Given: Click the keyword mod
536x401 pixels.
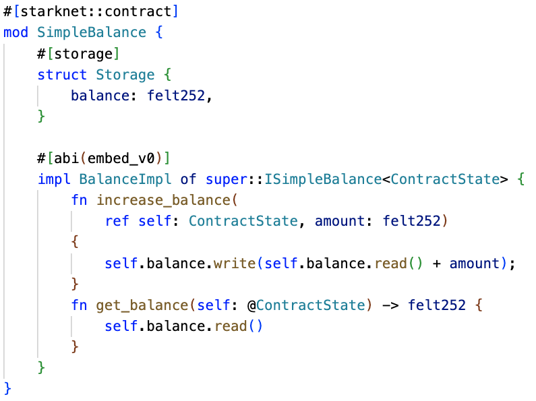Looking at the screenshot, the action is coord(16,32).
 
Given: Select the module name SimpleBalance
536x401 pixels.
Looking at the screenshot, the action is coord(92,33).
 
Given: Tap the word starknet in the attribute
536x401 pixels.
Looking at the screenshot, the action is coord(54,11).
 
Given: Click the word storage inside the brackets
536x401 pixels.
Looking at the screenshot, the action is coord(84,55).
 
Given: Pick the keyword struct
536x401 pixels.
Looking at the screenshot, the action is coord(62,75).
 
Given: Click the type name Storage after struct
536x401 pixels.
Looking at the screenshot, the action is coord(125,75).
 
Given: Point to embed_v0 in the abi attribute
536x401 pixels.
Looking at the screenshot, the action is coord(121,158).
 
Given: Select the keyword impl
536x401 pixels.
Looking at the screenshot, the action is coord(54,179).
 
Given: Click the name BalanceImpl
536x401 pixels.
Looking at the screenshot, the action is coord(125,179).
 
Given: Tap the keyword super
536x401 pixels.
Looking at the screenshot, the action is coord(227,180).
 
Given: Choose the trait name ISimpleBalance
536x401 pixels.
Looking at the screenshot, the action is coord(323,179).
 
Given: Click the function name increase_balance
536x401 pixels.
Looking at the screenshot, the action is coord(163,200).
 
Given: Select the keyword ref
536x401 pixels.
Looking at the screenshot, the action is coord(117,221).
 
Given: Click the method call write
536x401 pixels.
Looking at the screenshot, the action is coord(235,264).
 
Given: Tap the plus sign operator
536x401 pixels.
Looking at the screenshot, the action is coord(436,264).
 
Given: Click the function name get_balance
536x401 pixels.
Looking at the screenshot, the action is coord(142,306).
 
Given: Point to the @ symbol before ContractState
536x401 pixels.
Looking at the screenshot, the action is coord(252,306).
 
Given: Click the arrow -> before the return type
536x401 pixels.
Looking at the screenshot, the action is coord(390,305).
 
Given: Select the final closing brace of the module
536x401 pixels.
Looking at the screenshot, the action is coord(7,389).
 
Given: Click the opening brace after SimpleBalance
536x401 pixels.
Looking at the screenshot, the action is coord(159,33).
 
